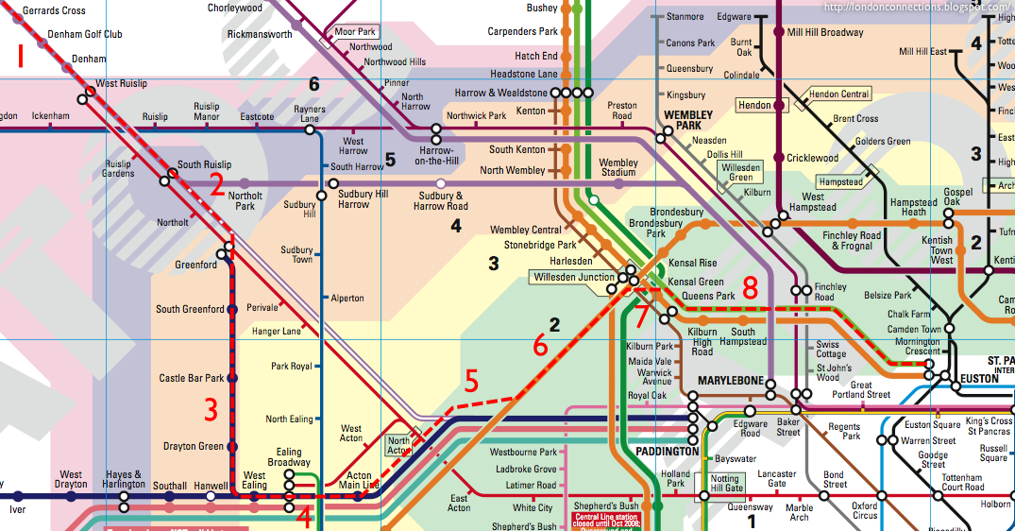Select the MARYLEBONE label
[730, 381]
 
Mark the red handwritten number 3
[211, 410]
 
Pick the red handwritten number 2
[217, 184]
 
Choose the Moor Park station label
[356, 32]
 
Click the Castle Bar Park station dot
[232, 378]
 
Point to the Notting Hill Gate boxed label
[725, 484]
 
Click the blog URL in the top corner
[917, 8]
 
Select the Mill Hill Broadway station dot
[779, 32]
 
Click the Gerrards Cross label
[54, 10]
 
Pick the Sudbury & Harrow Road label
[442, 200]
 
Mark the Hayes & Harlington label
[125, 480]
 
